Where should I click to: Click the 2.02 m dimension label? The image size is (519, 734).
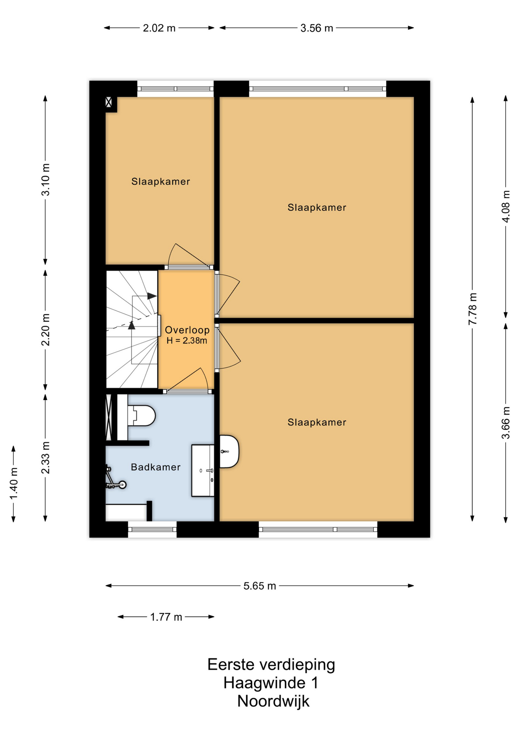159,28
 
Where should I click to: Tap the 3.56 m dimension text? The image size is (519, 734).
316,28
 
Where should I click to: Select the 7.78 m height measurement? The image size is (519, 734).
473,309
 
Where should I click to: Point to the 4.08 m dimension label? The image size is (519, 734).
506,206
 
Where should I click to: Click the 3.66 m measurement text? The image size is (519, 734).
506,423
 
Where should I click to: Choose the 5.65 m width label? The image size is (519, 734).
259,586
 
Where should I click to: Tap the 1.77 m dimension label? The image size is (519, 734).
166,617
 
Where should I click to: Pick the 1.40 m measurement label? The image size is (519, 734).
14,484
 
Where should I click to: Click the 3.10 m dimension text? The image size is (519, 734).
45,180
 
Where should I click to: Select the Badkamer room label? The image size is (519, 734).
156,467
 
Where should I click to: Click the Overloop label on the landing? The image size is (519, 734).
187,330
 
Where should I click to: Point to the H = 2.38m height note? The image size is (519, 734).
187,341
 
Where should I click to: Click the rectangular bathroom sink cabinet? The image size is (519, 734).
203,471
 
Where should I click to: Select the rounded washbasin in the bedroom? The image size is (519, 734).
229,451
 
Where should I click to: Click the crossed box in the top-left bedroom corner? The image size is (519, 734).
109,102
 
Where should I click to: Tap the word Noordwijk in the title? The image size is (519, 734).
273,701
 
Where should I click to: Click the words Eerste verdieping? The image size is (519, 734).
271,664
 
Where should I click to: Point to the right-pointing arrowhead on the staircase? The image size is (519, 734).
152,296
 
